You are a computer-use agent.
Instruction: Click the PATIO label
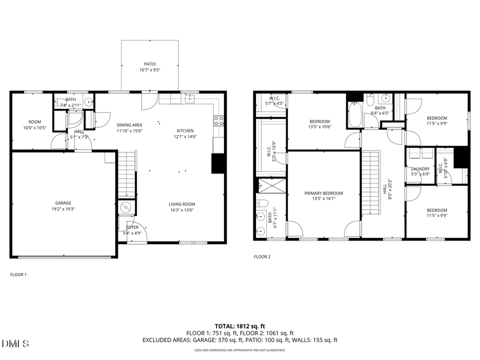149,63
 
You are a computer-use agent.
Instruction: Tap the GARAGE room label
63,203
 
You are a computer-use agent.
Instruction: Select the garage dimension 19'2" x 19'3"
63,209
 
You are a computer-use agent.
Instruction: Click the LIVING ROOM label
182,204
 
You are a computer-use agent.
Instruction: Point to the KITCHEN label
185,131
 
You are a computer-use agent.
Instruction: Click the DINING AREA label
130,124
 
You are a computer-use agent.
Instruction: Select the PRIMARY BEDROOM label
323,193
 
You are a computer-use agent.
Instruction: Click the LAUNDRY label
420,169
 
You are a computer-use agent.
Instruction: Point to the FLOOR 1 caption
19,275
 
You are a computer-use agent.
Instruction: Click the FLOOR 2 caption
262,257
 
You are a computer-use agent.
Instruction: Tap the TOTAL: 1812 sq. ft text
239,325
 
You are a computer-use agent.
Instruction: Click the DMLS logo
15,343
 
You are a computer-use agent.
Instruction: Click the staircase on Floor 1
126,174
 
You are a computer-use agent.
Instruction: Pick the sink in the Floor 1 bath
89,103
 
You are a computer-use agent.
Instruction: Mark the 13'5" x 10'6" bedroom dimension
319,127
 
